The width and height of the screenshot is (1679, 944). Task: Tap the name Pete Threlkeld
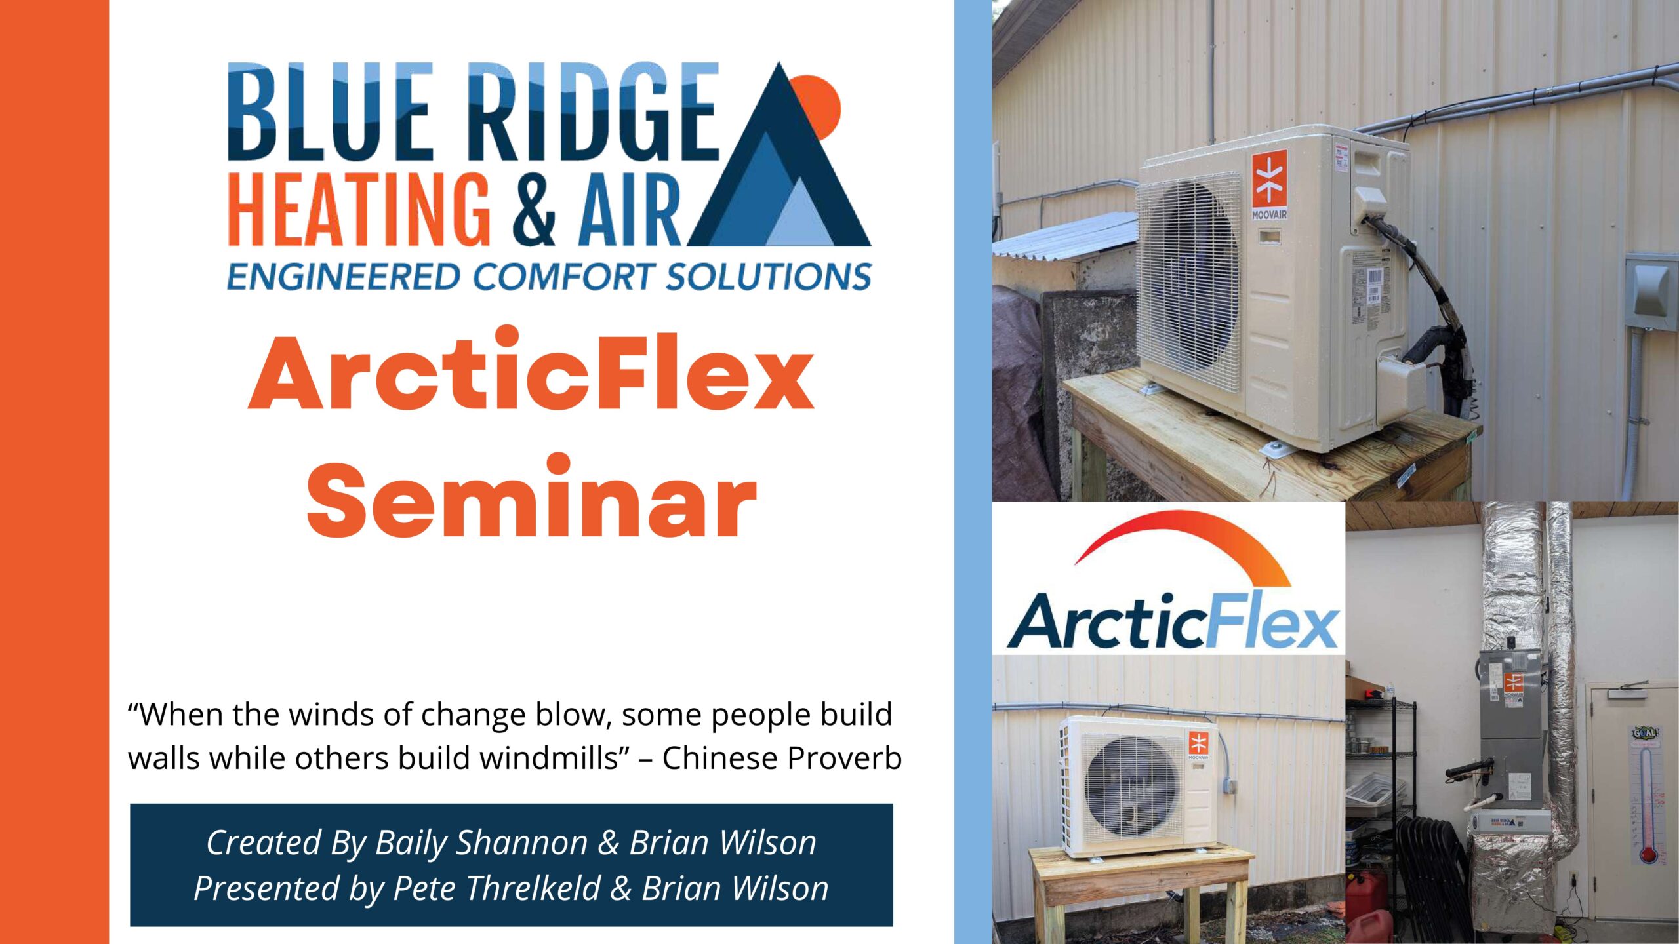tap(496, 888)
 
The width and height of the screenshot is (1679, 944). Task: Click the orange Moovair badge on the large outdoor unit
tap(1269, 180)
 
